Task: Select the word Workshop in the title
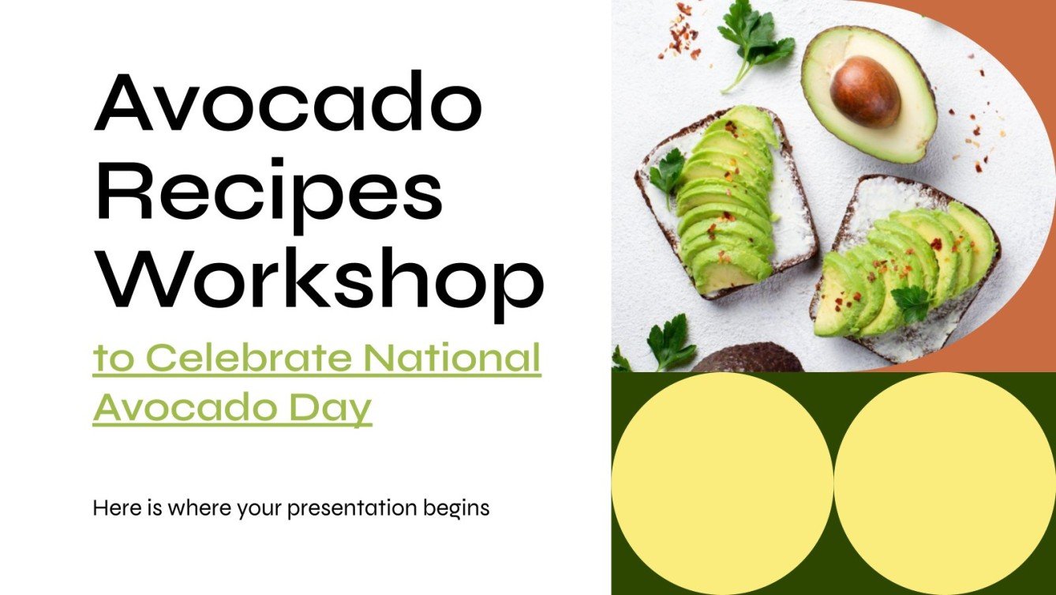point(319,281)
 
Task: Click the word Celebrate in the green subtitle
point(249,358)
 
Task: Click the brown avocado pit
point(865,92)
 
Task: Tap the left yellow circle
point(722,483)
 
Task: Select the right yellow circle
point(945,483)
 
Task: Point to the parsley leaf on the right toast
point(912,302)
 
